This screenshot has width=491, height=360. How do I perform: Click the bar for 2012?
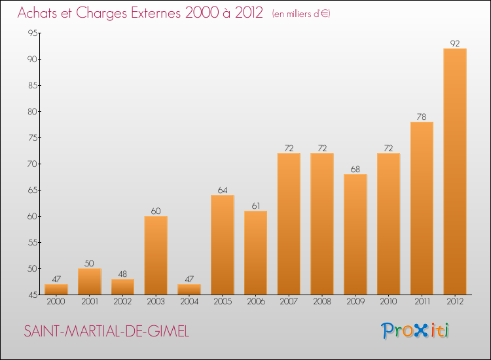(x=455, y=171)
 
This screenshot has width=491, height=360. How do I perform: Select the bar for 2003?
(x=156, y=255)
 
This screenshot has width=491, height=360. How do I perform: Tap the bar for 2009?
(x=355, y=234)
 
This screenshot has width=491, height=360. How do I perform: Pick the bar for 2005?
(x=223, y=245)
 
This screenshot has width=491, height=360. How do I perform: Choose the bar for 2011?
(x=422, y=208)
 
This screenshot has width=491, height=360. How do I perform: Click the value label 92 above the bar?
(x=455, y=44)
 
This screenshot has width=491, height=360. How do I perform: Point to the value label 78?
(x=422, y=117)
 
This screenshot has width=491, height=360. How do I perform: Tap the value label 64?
(x=223, y=190)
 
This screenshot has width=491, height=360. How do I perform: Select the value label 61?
(x=255, y=206)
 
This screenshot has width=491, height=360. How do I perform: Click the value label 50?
(x=90, y=264)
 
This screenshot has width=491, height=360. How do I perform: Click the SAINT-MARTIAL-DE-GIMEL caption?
(x=107, y=332)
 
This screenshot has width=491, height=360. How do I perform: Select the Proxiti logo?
(x=416, y=331)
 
